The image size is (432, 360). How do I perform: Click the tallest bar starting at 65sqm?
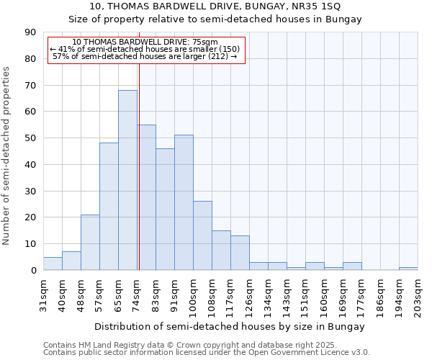[x=127, y=180]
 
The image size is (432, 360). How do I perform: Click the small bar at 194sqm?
[x=408, y=269]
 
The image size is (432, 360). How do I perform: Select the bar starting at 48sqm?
[x=90, y=242]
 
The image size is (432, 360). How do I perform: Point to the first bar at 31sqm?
[x=53, y=264]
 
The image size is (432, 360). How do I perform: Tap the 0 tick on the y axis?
[x=34, y=271]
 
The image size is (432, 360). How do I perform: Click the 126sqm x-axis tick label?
[x=250, y=294]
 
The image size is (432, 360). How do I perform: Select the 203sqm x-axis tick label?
[x=418, y=294]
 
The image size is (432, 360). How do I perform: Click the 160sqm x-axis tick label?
[x=325, y=294]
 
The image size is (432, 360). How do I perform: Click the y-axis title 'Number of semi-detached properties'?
[x=7, y=156]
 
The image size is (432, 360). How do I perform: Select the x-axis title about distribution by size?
[x=230, y=326]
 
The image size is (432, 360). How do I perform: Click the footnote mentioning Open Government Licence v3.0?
[x=207, y=353]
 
